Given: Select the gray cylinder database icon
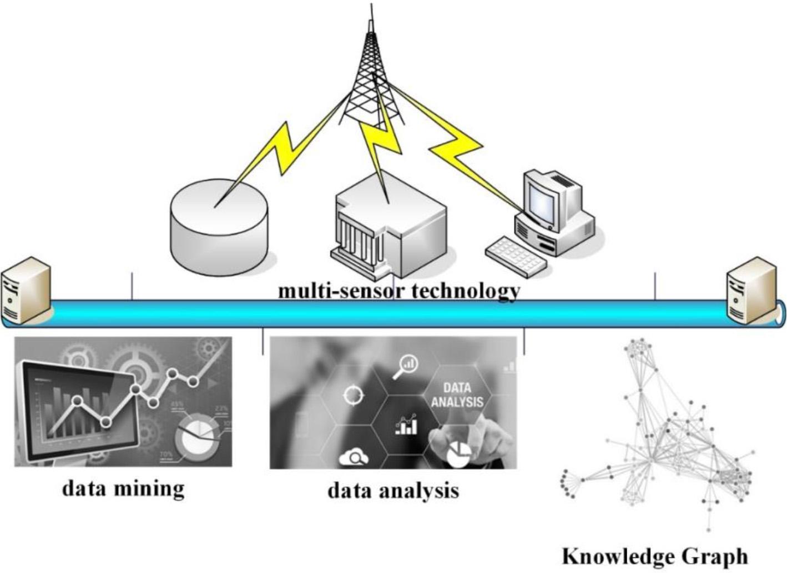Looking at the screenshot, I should click(219, 228).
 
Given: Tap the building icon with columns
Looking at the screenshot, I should click(389, 228).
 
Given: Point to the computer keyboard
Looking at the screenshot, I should click(516, 256).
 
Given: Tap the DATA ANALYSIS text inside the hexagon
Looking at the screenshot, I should click(457, 395).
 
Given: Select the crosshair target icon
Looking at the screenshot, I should click(354, 396).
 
